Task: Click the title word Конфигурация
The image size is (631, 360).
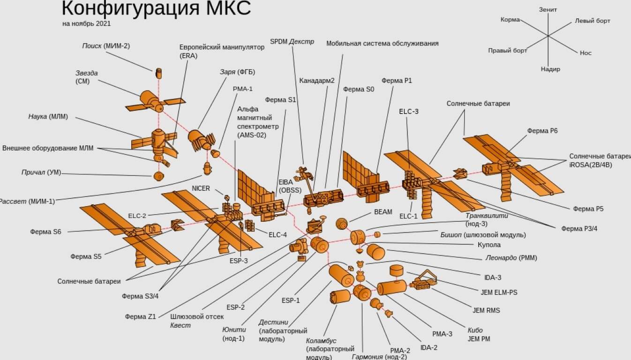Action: coord(131,8)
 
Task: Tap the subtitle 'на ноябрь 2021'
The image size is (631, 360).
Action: coord(86,23)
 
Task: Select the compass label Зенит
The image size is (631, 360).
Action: coord(548,9)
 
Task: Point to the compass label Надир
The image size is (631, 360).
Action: coord(550,69)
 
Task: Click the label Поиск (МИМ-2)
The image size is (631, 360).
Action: coord(106,46)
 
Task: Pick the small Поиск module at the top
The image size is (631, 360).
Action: coord(159,73)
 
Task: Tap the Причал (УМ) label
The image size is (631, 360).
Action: coord(41,172)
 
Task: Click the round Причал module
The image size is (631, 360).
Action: coord(158,176)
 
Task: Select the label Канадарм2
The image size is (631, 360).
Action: coord(316,81)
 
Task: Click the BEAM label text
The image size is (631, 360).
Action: coord(383,212)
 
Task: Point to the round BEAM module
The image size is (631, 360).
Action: coord(342,224)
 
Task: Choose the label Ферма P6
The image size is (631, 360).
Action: coord(542,131)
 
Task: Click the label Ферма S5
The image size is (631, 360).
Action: coord(86,256)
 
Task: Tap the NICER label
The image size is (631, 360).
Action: coord(201,188)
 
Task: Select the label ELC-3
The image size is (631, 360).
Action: coord(409,112)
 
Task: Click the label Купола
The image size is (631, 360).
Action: coord(489,245)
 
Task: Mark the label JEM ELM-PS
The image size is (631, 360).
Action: coord(499,292)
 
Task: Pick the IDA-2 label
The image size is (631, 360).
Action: coord(429,348)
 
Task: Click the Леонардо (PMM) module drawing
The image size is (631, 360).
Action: coord(376,252)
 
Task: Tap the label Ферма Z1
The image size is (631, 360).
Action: coord(140,316)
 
